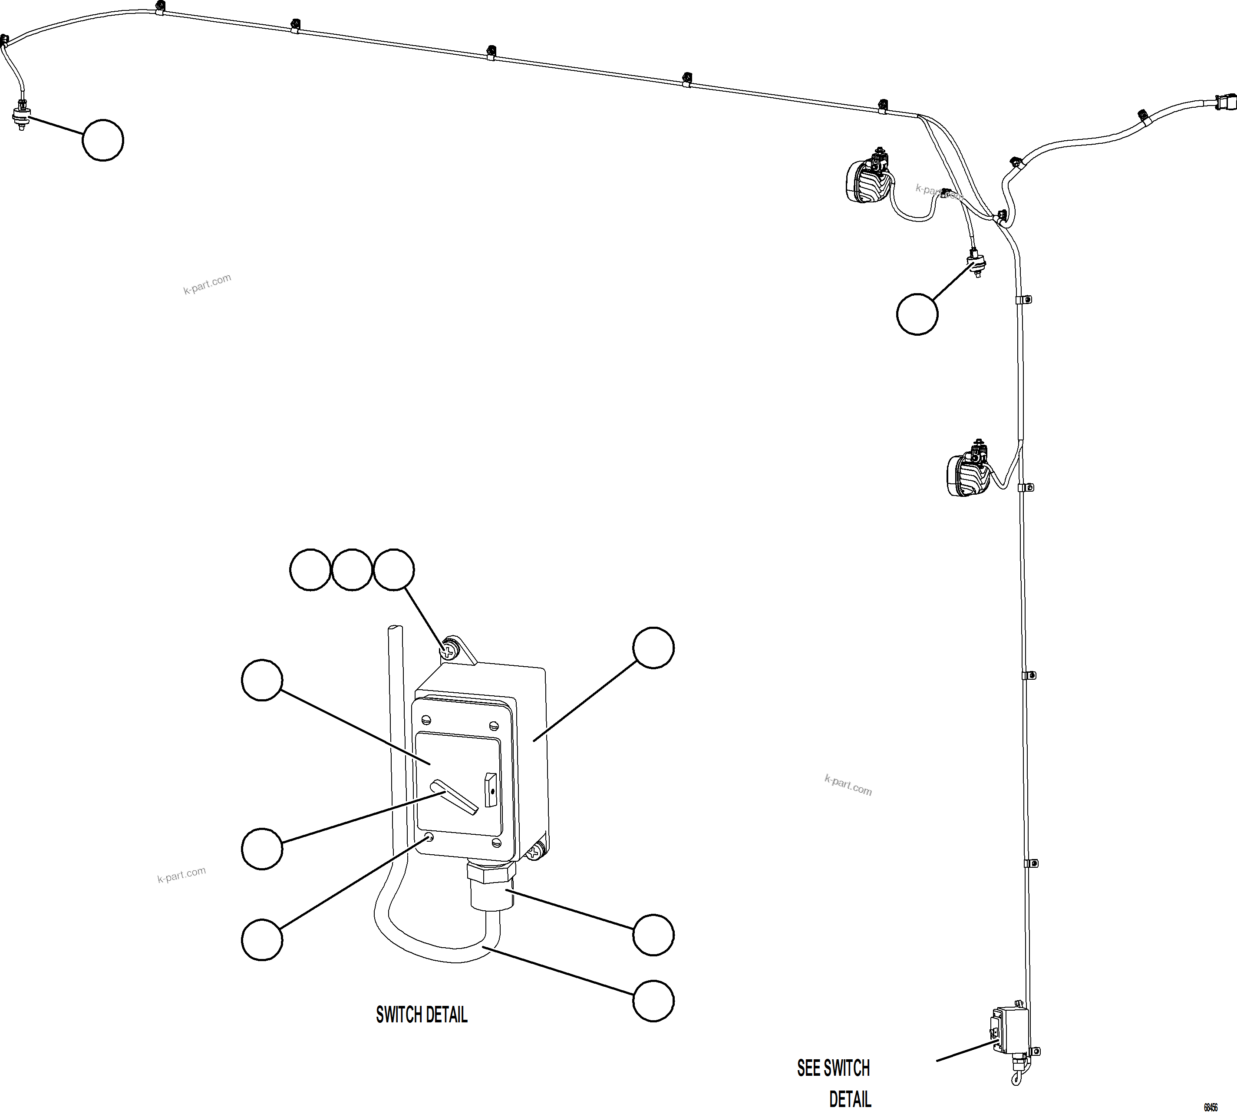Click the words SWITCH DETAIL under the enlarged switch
[422, 1015]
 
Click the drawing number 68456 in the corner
[1210, 1107]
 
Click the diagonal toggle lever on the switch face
[454, 797]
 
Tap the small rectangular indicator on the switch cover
[491, 790]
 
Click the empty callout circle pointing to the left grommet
[103, 140]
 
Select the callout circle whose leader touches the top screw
[393, 569]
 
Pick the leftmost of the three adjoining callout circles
[310, 569]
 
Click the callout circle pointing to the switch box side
[653, 648]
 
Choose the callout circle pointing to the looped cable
[653, 1001]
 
